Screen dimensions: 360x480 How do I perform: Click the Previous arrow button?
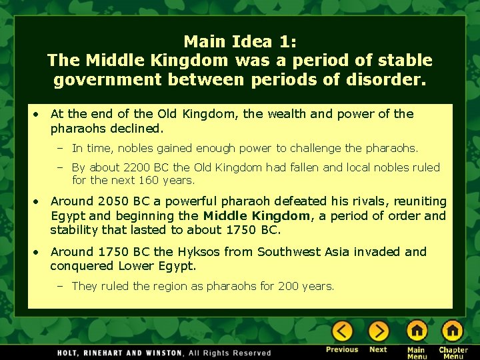pyautogui.click(x=343, y=331)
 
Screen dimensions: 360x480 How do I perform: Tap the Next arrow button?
pyautogui.click(x=378, y=331)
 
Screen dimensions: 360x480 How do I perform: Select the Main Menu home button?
pyautogui.click(x=417, y=331)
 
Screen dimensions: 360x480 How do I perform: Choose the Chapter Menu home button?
pyautogui.click(x=453, y=331)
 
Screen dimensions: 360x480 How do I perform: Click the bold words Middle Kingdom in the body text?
pyautogui.click(x=257, y=215)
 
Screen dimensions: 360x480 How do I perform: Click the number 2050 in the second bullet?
pyautogui.click(x=109, y=201)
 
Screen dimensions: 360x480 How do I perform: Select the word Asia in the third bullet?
pyautogui.click(x=337, y=251)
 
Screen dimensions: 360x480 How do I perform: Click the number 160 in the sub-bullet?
pyautogui.click(x=143, y=180)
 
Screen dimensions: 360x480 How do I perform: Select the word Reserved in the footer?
pyautogui.click(x=251, y=353)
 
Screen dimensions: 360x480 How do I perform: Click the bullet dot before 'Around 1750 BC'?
pyautogui.click(x=38, y=251)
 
